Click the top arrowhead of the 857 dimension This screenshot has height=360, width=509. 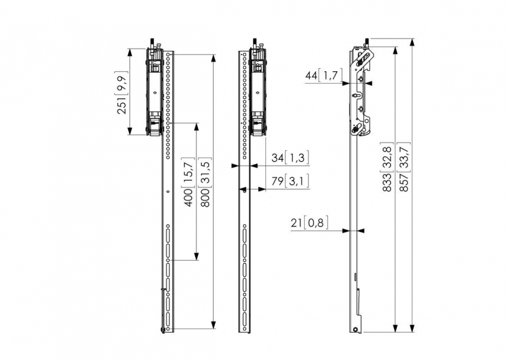click(412, 43)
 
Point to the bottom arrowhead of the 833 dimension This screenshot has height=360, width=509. click(395, 328)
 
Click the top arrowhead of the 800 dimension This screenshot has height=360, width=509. click(213, 59)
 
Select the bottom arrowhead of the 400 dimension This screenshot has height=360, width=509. click(196, 256)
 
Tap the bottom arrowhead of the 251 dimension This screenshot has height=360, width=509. click(129, 131)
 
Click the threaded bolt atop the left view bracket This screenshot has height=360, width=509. click(152, 43)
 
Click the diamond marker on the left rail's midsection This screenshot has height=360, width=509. click(168, 192)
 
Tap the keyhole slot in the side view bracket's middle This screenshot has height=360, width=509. click(356, 96)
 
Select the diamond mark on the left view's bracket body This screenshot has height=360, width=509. click(155, 92)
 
